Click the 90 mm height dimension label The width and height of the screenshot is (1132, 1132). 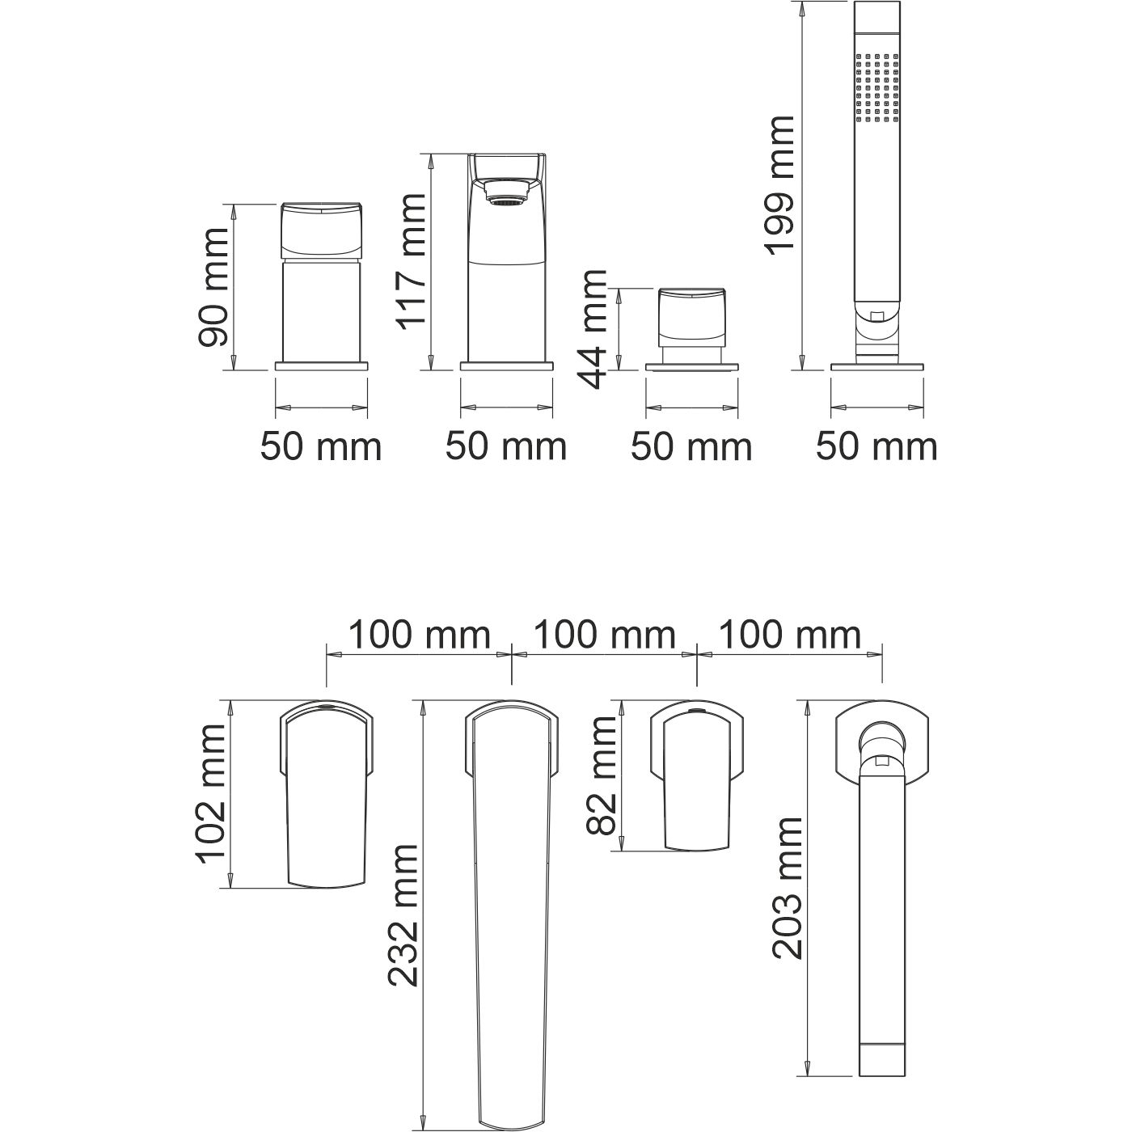(x=213, y=287)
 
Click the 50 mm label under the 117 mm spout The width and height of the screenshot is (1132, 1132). (x=506, y=446)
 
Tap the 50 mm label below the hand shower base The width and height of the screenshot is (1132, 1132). (x=876, y=446)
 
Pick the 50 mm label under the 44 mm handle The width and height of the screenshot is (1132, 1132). (x=691, y=446)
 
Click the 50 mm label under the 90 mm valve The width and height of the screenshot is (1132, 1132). (x=320, y=446)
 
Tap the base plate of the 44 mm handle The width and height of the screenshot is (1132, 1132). (x=692, y=367)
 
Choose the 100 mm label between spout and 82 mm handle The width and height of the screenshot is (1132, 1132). (x=604, y=636)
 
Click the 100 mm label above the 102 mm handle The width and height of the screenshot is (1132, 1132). (x=419, y=636)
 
